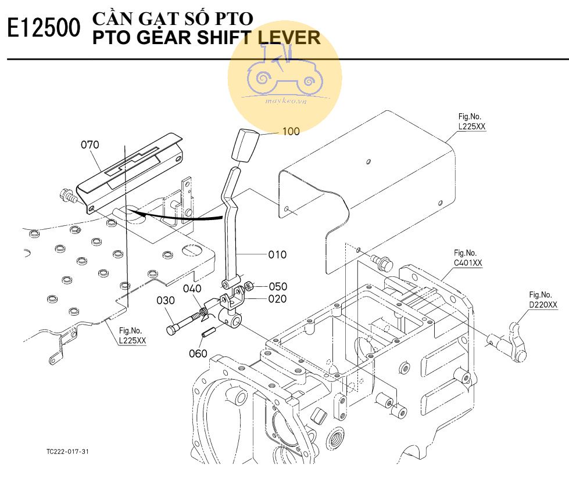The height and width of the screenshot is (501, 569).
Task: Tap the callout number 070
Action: [x=90, y=145]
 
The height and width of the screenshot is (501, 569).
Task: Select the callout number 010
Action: [x=277, y=254]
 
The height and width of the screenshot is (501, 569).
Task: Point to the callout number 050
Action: [x=278, y=286]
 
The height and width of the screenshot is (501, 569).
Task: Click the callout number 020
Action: [x=277, y=299]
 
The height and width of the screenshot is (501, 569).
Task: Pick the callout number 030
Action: [x=166, y=300]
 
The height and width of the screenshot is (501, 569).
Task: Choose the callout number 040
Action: [x=192, y=289]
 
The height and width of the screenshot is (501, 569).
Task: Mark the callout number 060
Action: [x=198, y=353]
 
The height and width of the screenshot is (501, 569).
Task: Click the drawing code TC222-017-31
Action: [x=68, y=451]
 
